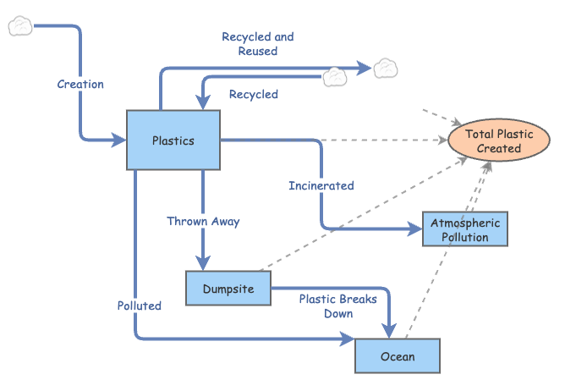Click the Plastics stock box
pyautogui.click(x=173, y=140)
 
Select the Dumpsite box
pyautogui.click(x=228, y=289)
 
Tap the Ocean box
pyautogui.click(x=397, y=355)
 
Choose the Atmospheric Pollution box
pyautogui.click(x=465, y=229)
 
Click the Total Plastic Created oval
pyautogui.click(x=498, y=140)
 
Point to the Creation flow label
pyautogui.click(x=80, y=84)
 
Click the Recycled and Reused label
pyautogui.click(x=258, y=43)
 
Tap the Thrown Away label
pyautogui.click(x=203, y=221)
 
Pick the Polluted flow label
pyautogui.click(x=140, y=305)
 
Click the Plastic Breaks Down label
pyautogui.click(x=337, y=306)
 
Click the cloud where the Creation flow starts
pyautogui.click(x=19, y=26)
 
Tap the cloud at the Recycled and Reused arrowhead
pyautogui.click(x=386, y=66)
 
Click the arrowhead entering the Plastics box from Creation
pyautogui.click(x=119, y=140)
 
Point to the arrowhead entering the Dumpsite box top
pyautogui.click(x=203, y=263)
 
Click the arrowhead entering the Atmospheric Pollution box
pyautogui.click(x=415, y=229)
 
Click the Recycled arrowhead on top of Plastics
pyautogui.click(x=203, y=103)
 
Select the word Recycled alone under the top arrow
pyautogui.click(x=253, y=94)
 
